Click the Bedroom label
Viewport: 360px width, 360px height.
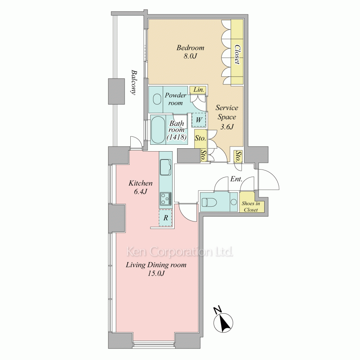(190, 48)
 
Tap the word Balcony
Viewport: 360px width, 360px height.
(134, 82)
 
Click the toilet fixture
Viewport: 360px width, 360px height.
(208, 202)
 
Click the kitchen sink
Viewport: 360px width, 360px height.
(165, 167)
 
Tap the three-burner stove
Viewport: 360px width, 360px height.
(165, 198)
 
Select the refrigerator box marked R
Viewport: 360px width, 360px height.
(165, 218)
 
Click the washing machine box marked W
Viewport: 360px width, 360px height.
(199, 120)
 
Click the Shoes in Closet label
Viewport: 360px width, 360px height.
(251, 207)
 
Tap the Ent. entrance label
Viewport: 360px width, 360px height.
(236, 179)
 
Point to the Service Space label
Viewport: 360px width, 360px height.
(227, 112)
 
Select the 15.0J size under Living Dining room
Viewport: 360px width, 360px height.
(156, 274)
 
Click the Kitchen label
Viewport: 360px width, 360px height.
(140, 183)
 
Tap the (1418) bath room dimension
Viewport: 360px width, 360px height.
(176, 137)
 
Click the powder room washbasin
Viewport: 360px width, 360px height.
(157, 99)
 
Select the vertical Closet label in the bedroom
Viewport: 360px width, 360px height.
(237, 54)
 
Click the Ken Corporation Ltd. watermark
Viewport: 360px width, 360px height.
(180, 252)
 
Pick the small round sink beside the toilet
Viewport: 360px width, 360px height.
(234, 202)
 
